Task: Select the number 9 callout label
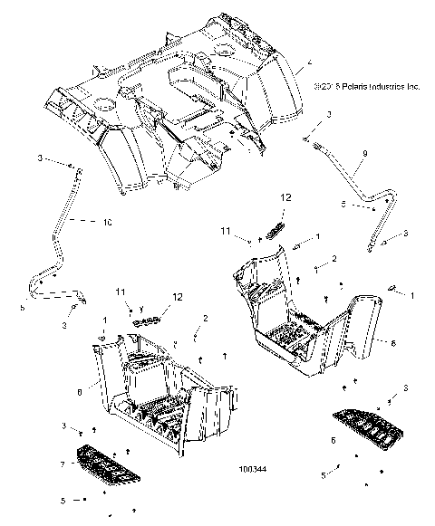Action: click(x=339, y=155)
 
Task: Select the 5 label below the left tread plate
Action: click(x=62, y=500)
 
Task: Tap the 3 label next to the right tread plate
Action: click(x=391, y=388)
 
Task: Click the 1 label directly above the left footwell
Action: click(x=104, y=320)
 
